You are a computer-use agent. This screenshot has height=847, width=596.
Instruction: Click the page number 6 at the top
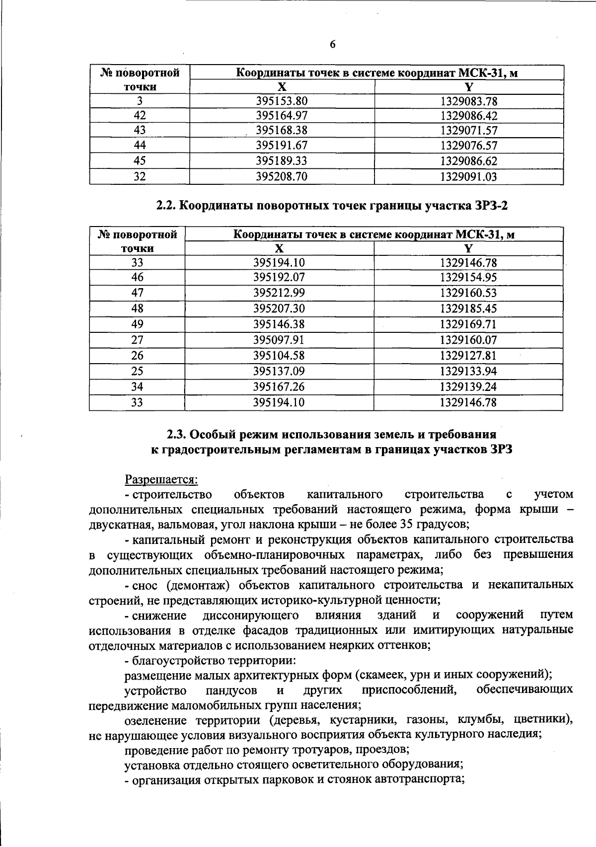[x=333, y=45]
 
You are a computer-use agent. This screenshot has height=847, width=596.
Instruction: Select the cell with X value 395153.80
[x=282, y=101]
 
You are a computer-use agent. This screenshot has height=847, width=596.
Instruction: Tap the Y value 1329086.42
[x=469, y=116]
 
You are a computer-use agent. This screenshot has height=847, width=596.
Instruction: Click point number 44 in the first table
[x=140, y=146]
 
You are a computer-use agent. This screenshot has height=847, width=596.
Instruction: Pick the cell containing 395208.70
[x=282, y=176]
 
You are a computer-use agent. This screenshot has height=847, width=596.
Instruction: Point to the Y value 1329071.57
[x=469, y=131]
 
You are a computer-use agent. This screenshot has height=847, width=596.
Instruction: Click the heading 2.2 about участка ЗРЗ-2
[x=332, y=206]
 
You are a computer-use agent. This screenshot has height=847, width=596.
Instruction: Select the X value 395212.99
[x=279, y=293]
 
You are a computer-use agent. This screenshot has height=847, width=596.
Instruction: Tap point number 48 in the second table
[x=137, y=308]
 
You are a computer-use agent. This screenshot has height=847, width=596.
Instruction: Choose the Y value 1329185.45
[x=468, y=308]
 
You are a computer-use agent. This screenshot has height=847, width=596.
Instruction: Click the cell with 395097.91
[x=279, y=340]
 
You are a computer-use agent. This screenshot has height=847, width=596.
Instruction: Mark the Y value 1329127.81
[x=468, y=356]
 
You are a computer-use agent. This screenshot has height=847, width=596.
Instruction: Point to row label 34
[x=137, y=386]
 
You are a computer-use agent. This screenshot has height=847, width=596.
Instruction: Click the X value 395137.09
[x=279, y=371]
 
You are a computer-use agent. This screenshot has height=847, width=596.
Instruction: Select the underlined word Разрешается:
[x=161, y=479]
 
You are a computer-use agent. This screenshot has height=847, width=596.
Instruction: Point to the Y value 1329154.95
[x=468, y=277]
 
